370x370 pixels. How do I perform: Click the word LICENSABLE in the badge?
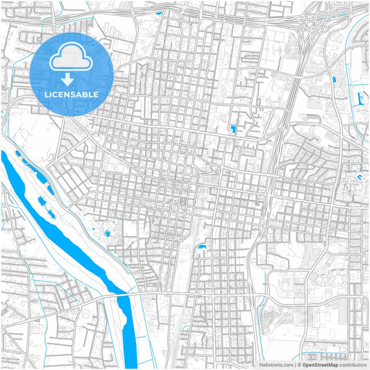[72, 94]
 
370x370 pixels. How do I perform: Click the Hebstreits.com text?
[275, 364]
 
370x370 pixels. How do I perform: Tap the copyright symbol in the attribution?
[299, 364]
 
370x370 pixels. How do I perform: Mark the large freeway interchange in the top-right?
[308, 24]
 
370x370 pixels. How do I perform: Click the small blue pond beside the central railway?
[201, 247]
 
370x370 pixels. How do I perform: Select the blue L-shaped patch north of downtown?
[233, 128]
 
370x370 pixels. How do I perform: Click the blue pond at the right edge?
[360, 178]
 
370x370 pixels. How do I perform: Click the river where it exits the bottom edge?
[129, 361]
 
